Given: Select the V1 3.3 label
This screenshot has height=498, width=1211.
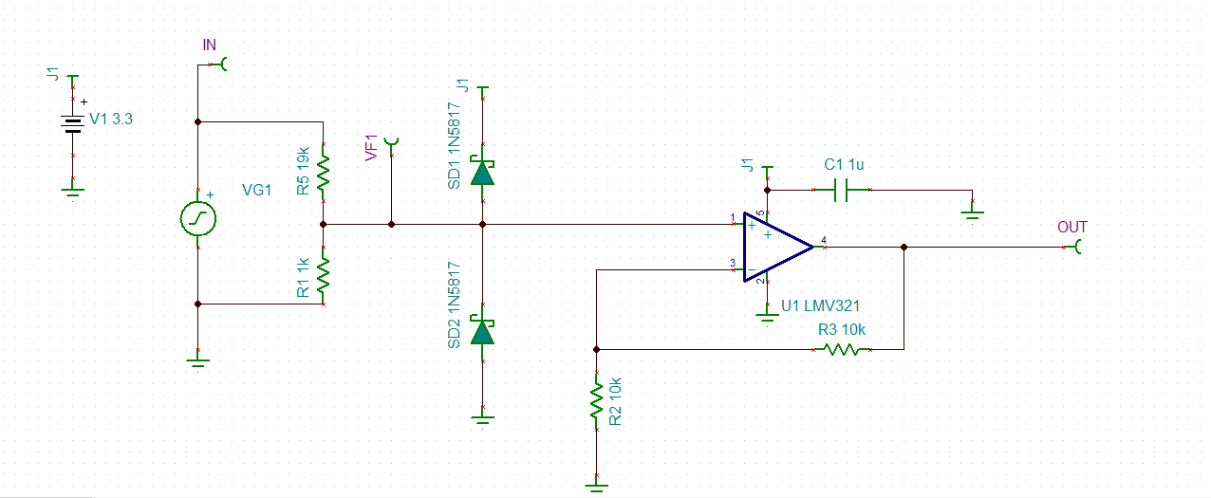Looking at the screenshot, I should [x=111, y=120].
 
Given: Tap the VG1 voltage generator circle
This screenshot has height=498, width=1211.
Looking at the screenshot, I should [x=197, y=219].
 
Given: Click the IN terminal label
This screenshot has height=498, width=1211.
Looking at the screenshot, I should [x=210, y=46].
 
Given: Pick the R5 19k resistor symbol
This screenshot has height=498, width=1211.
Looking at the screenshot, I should [x=324, y=171].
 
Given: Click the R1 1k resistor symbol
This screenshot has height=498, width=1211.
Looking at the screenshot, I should [x=324, y=274].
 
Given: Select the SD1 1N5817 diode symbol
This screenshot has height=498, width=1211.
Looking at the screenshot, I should [x=483, y=173].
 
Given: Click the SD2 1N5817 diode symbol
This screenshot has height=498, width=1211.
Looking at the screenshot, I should [x=483, y=331].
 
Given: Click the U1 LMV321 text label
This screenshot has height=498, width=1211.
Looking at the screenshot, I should [x=820, y=305].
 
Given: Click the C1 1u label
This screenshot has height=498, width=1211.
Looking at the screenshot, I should [x=844, y=165].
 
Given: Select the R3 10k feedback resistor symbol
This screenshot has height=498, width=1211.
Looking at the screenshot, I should [x=842, y=349].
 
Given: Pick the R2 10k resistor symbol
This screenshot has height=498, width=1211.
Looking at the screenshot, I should [x=596, y=401].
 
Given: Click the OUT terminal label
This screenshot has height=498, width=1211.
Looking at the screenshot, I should [x=1071, y=228].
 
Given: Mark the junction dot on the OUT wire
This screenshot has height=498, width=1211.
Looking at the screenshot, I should [x=904, y=248].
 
